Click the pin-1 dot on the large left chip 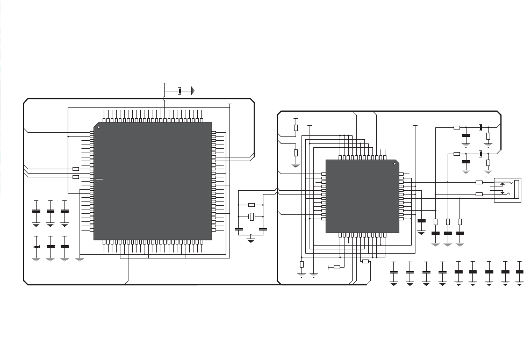pos(99,127)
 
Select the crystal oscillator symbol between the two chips pos(251,216)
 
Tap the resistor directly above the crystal pos(251,205)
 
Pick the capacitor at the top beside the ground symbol pos(180,91)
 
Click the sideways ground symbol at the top pos(192,91)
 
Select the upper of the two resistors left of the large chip pos(76,169)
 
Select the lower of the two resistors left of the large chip pos(76,177)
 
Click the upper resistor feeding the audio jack pos(479,182)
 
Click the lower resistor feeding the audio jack pos(479,194)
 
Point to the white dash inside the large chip pos(99,179)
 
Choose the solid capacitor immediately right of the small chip pos(421,221)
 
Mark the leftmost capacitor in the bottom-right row pos(393,272)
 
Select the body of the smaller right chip pos(362,196)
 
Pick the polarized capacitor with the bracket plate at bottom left pos(36,247)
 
